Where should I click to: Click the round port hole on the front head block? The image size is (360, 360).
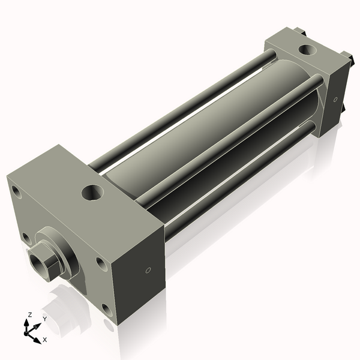click(93, 193)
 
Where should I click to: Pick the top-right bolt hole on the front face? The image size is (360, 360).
click(100, 263)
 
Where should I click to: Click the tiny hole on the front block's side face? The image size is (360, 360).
click(148, 271)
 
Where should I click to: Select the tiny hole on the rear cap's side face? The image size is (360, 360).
click(335, 99)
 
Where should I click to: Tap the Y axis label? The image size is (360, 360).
click(44, 320)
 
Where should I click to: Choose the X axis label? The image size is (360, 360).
click(44, 340)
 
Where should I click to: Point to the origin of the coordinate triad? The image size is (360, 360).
click(30, 329)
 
